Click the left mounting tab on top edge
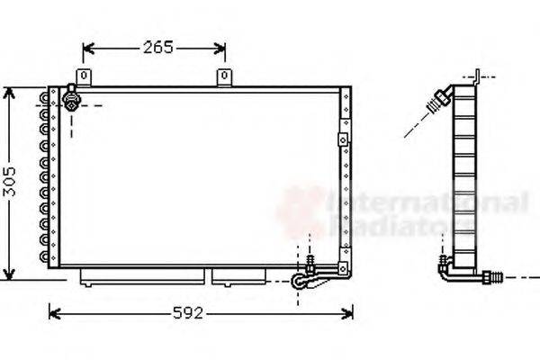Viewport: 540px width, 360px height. [85, 78]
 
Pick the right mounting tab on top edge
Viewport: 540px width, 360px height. [222, 78]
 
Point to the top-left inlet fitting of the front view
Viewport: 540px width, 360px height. [72, 96]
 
